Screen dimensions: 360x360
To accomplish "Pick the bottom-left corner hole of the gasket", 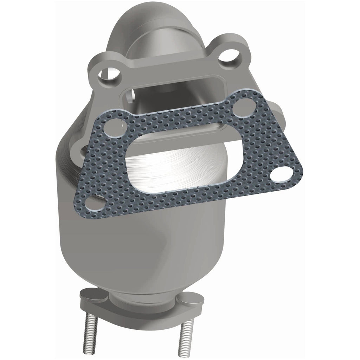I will pos(95,202).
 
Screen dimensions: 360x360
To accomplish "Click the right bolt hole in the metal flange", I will pos(230,56).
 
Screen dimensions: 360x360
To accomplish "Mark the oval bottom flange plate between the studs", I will pos(141,309).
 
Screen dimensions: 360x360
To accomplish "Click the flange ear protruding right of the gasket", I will pos(279,116).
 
